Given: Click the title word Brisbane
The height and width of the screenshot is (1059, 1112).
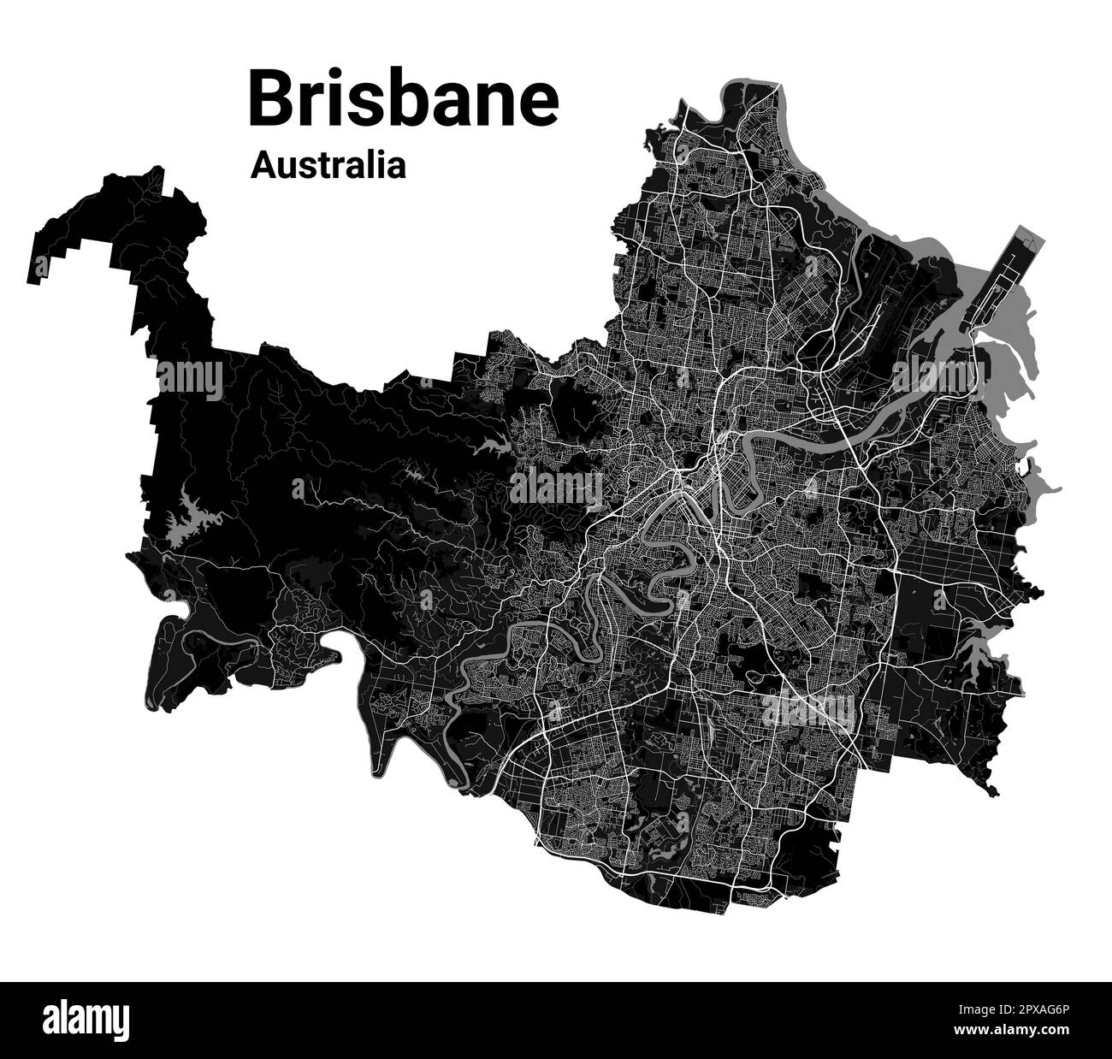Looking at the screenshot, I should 403,99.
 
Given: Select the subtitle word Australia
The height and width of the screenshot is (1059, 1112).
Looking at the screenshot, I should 328,165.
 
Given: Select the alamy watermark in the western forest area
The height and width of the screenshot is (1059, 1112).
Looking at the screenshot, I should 189,377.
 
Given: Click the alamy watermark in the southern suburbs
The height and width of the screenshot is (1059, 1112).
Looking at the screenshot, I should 807,709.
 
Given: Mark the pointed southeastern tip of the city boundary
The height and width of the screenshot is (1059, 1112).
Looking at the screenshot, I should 991,792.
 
